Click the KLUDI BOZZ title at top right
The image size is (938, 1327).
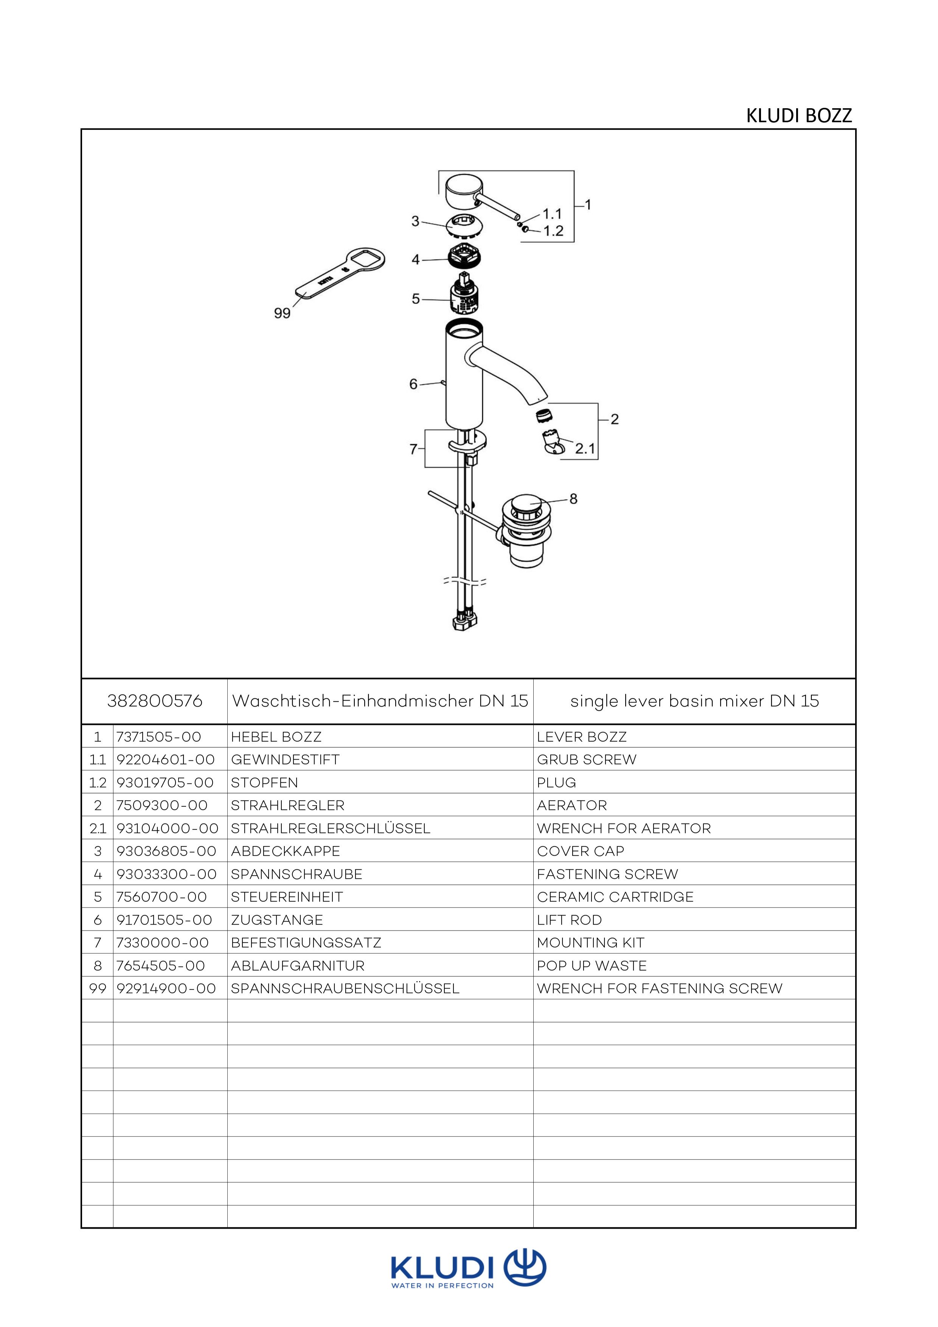tap(799, 116)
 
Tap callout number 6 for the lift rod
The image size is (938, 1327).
tap(413, 384)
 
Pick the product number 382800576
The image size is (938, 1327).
tap(155, 701)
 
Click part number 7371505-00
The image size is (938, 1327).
tap(158, 737)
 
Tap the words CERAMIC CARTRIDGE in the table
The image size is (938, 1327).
tap(615, 897)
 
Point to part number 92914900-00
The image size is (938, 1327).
tap(166, 989)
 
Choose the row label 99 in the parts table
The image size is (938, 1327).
tap(98, 989)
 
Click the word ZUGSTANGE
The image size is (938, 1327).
tap(277, 920)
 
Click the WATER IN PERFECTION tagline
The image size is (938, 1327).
tap(442, 1285)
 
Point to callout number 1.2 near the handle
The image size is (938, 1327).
tap(553, 231)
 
